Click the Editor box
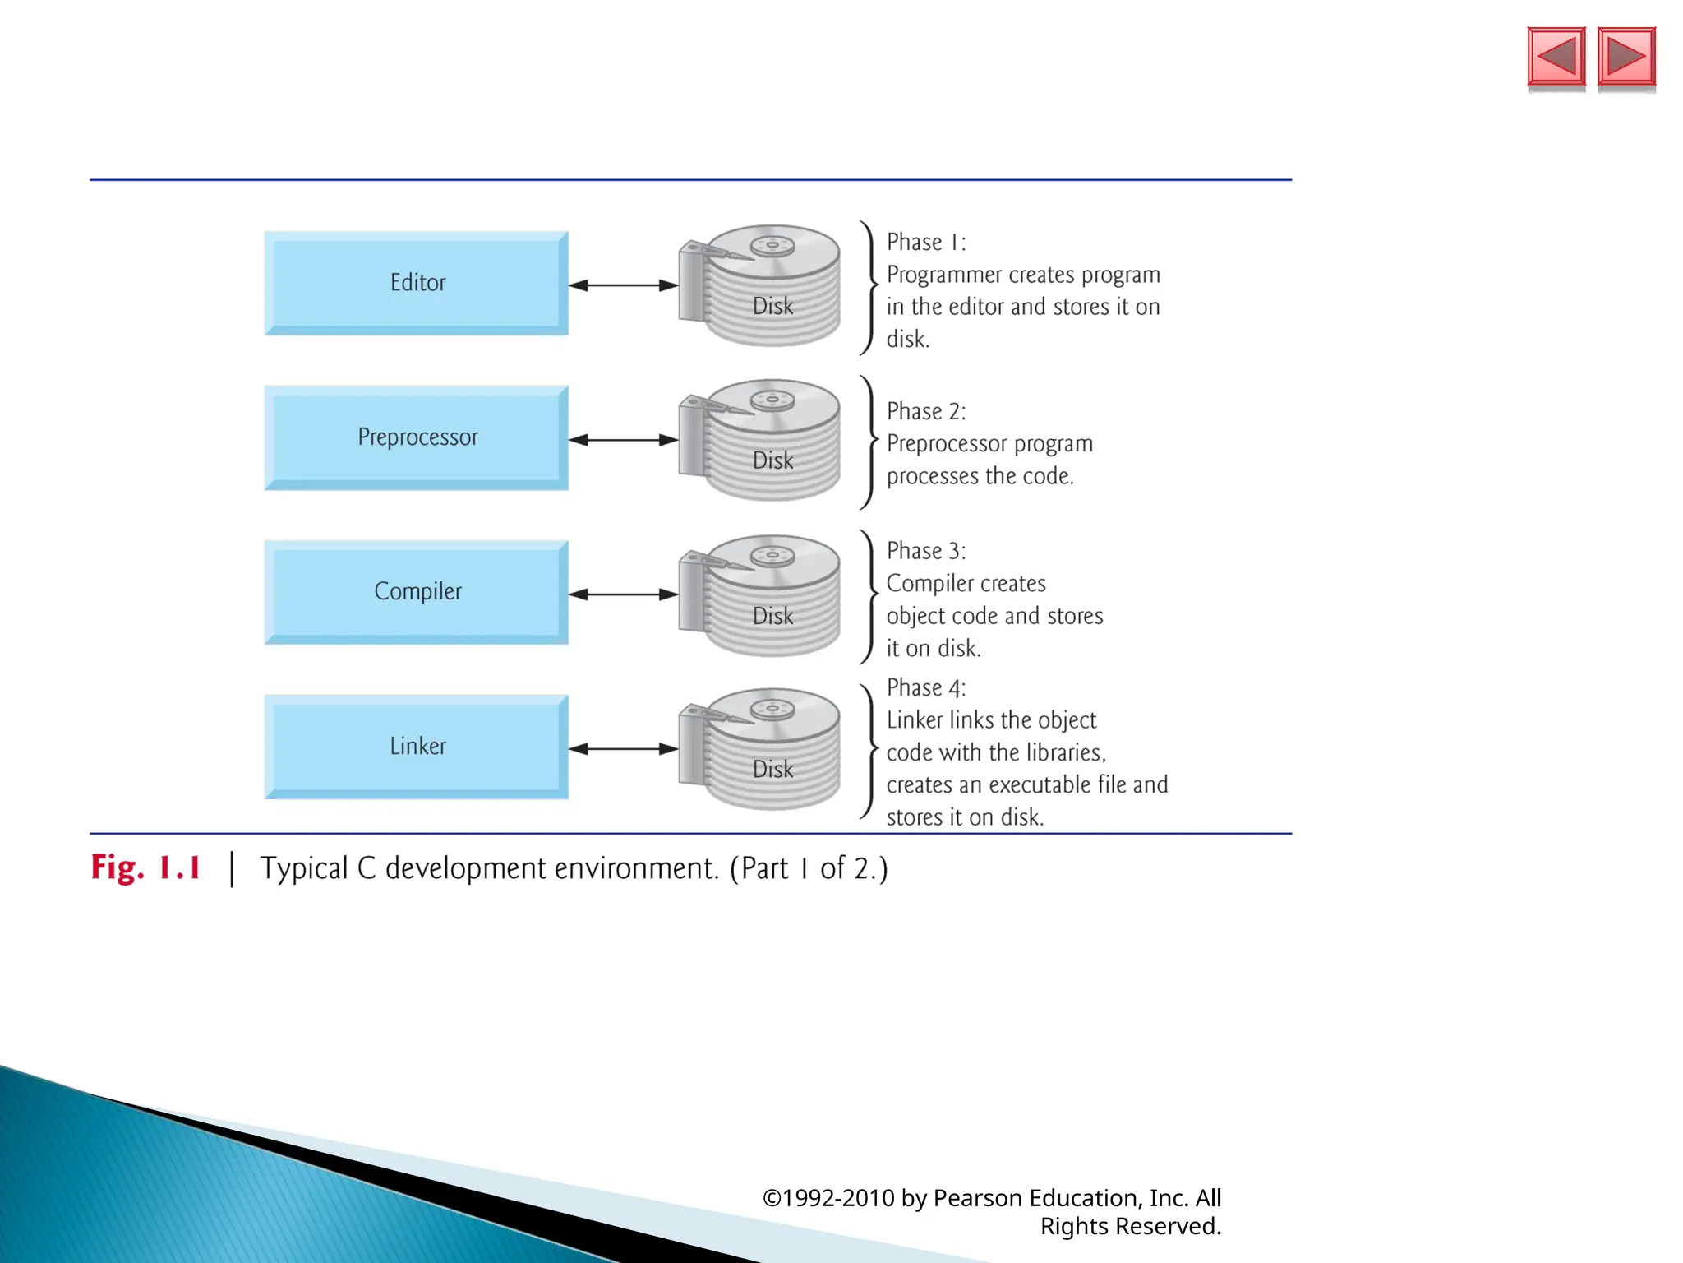(417, 283)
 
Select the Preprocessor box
(417, 437)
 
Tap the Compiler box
(417, 592)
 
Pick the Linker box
(417, 747)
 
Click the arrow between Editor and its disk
(623, 285)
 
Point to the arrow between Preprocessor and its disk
(623, 440)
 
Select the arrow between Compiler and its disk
(623, 594)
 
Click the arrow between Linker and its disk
(623, 749)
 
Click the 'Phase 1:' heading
(926, 243)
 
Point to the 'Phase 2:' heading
(926, 411)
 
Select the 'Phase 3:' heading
(926, 551)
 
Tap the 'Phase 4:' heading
(926, 687)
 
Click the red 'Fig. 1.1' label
(146, 868)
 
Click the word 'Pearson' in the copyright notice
(978, 1198)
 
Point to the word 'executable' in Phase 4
(1040, 785)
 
